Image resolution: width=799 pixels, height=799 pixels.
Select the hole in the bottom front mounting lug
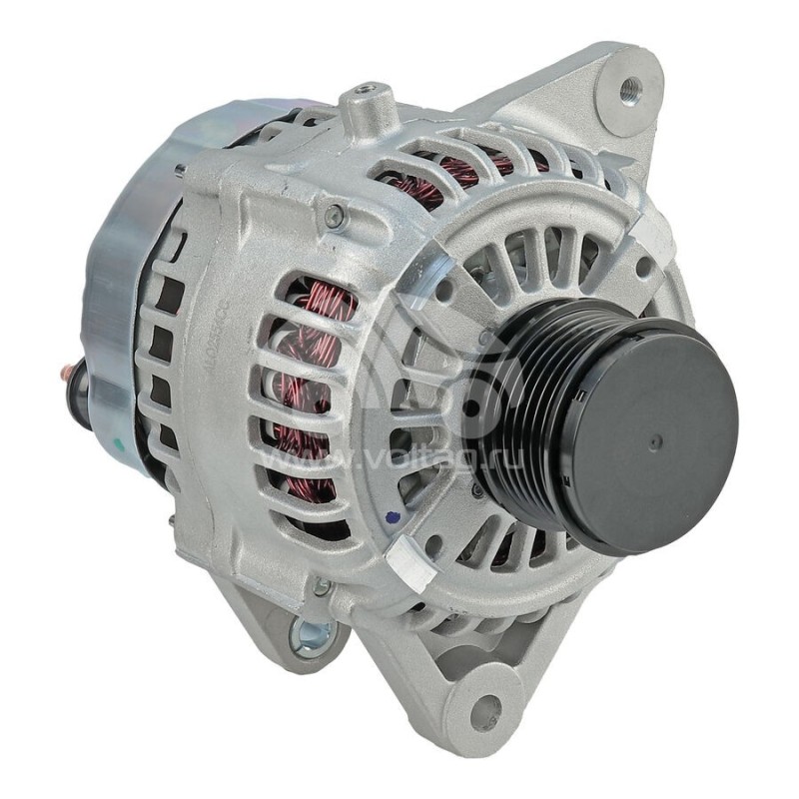(484, 712)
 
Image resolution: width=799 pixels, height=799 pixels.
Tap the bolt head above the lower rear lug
(321, 587)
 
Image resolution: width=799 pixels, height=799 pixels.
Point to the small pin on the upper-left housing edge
(180, 171)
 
